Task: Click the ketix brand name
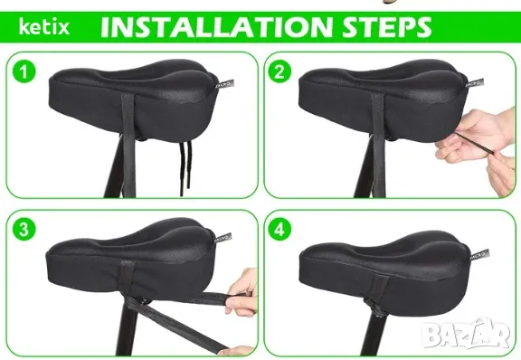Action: [x=44, y=27]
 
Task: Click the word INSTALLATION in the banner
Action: [x=217, y=27]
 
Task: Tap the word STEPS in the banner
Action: [x=387, y=27]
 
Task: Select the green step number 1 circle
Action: [x=24, y=72]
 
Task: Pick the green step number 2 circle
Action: [x=279, y=72]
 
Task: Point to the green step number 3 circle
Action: [x=24, y=230]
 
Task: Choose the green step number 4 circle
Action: [x=279, y=230]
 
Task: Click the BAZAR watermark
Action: [x=468, y=334]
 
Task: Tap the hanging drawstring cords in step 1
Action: [x=185, y=168]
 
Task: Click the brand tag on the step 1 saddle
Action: [x=224, y=84]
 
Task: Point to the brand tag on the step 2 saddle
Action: [x=475, y=83]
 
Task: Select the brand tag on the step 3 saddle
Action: [x=223, y=238]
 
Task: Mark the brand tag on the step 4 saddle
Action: [x=479, y=255]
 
